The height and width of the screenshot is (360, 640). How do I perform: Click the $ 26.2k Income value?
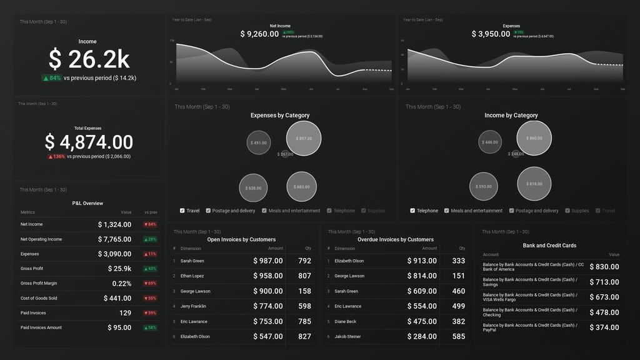click(x=89, y=59)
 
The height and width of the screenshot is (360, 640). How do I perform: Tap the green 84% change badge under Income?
click(x=51, y=78)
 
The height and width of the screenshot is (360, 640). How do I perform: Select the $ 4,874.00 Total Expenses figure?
click(x=89, y=142)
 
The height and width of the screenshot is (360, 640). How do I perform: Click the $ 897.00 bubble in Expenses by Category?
click(x=304, y=138)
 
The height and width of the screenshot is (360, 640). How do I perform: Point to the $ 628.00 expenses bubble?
click(x=253, y=187)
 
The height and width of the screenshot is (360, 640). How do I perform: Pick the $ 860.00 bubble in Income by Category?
click(x=534, y=138)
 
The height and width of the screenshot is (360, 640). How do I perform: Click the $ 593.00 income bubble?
click(x=483, y=186)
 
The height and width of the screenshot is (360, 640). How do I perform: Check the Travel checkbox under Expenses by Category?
click(x=182, y=211)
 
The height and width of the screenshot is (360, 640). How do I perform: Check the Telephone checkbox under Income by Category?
click(x=412, y=211)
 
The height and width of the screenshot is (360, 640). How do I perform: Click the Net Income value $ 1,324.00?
click(x=114, y=224)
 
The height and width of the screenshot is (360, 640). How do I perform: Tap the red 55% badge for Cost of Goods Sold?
click(x=150, y=299)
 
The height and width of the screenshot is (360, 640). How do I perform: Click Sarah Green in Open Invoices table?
click(x=192, y=261)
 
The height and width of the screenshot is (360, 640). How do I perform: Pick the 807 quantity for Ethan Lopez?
click(x=304, y=276)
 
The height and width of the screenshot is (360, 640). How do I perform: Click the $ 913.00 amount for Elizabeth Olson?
click(x=422, y=261)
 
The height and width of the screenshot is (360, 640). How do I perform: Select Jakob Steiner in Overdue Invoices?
click(x=347, y=337)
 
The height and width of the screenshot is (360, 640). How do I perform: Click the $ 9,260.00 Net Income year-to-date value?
click(x=259, y=34)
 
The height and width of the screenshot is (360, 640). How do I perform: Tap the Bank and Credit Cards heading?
click(x=549, y=246)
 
